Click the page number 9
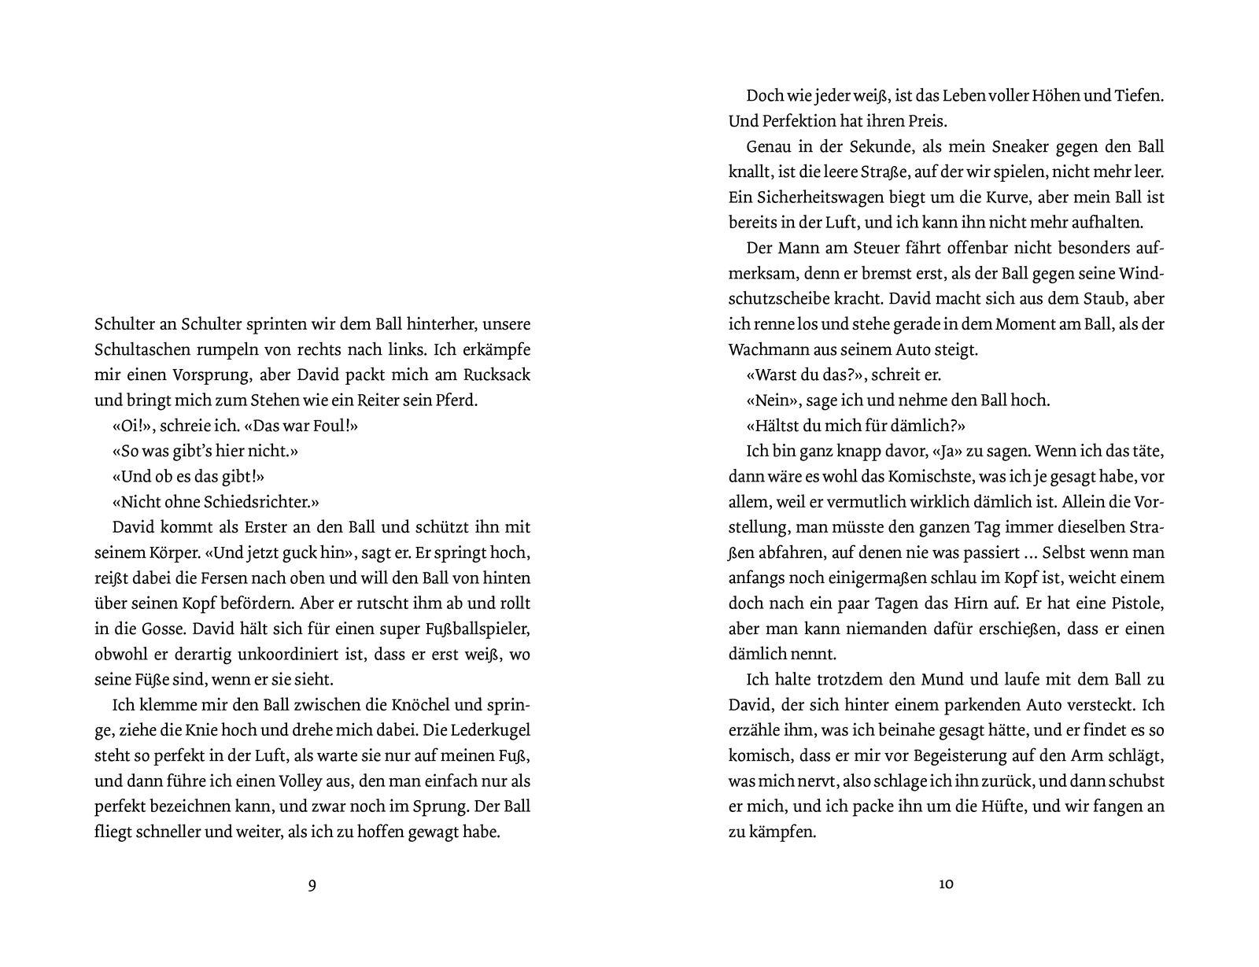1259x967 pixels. tap(312, 884)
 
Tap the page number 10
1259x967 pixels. tap(947, 884)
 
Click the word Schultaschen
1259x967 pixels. tap(138, 349)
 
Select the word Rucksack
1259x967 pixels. tap(496, 375)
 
